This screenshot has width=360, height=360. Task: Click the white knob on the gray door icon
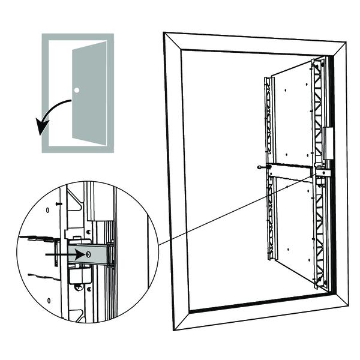pyautogui.click(x=77, y=91)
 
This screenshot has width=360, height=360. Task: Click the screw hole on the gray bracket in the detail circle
pyautogui.click(x=89, y=254)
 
